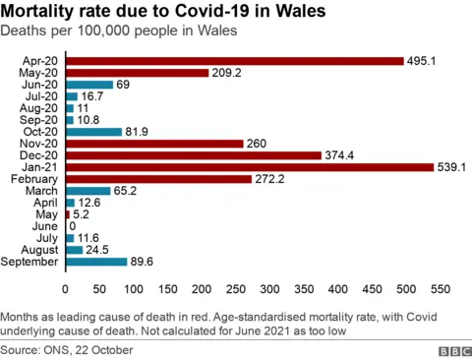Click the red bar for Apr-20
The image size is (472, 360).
coord(234,61)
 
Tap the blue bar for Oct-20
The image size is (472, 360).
coord(93,132)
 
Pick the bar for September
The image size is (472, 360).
coord(95,262)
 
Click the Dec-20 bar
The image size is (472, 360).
coord(193,155)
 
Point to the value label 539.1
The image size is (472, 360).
coord(453,167)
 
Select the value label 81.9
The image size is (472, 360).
coord(139,132)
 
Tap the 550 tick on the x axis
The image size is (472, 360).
coord(440,289)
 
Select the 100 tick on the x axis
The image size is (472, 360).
coord(133,289)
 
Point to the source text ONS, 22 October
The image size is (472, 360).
coord(93,349)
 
